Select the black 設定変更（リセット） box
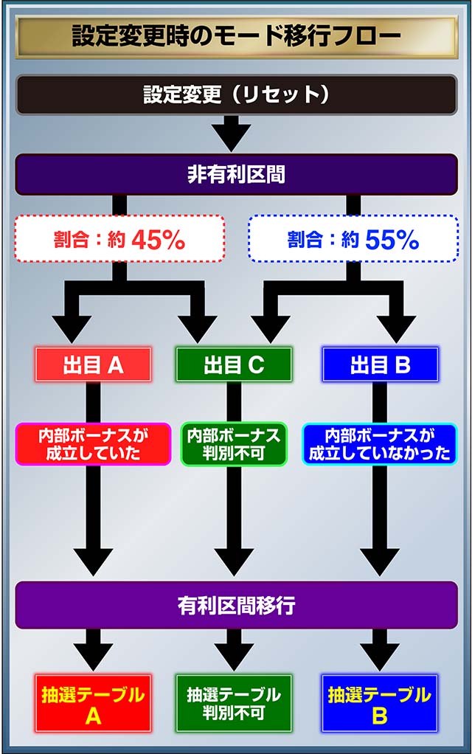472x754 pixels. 236,94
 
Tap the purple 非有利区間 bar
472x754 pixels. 236,175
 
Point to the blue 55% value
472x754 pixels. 391,239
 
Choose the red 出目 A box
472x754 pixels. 93,364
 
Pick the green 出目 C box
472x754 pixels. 234,364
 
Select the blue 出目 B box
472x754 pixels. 380,364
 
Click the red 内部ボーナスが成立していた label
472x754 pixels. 93,443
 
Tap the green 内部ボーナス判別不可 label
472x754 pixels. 234,443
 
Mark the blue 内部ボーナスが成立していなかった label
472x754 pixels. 380,443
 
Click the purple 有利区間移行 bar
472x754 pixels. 236,606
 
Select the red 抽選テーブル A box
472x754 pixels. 93,702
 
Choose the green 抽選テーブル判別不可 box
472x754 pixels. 234,702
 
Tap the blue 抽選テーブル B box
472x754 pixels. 380,702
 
